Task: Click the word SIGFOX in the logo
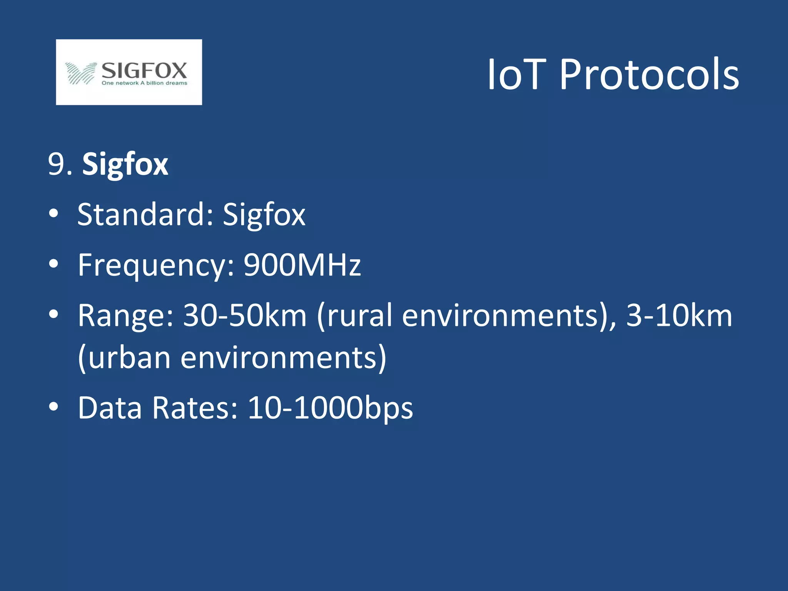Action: [144, 70]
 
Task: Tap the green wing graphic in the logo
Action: [80, 73]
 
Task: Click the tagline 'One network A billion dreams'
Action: [144, 83]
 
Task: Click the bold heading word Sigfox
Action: [125, 165]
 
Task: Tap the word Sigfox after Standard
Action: [264, 214]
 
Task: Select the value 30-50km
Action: [245, 316]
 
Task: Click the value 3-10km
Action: [679, 316]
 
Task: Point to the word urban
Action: [129, 358]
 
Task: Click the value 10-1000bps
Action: [330, 408]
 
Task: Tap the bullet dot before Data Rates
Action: [53, 407]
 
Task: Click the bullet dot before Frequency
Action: [53, 264]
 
